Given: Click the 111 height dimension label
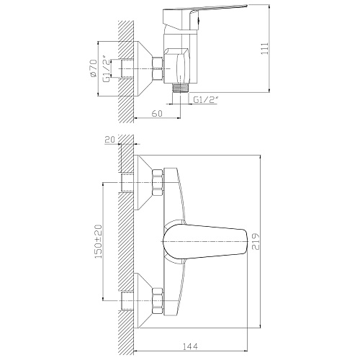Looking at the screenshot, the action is tap(264, 48).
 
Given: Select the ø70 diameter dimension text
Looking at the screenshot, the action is tap(94, 68).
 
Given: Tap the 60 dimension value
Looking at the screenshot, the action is tap(157, 113).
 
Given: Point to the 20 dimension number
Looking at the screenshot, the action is tap(110, 139).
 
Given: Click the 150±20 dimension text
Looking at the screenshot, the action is tap(99, 241).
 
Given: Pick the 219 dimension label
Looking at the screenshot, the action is tap(256, 241).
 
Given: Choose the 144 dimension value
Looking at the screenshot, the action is tap(190, 346).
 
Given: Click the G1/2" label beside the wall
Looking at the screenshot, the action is tap(107, 68).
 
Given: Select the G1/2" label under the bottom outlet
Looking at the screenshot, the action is tap(205, 99).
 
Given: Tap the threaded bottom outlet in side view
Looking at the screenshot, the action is tap(181, 88).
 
